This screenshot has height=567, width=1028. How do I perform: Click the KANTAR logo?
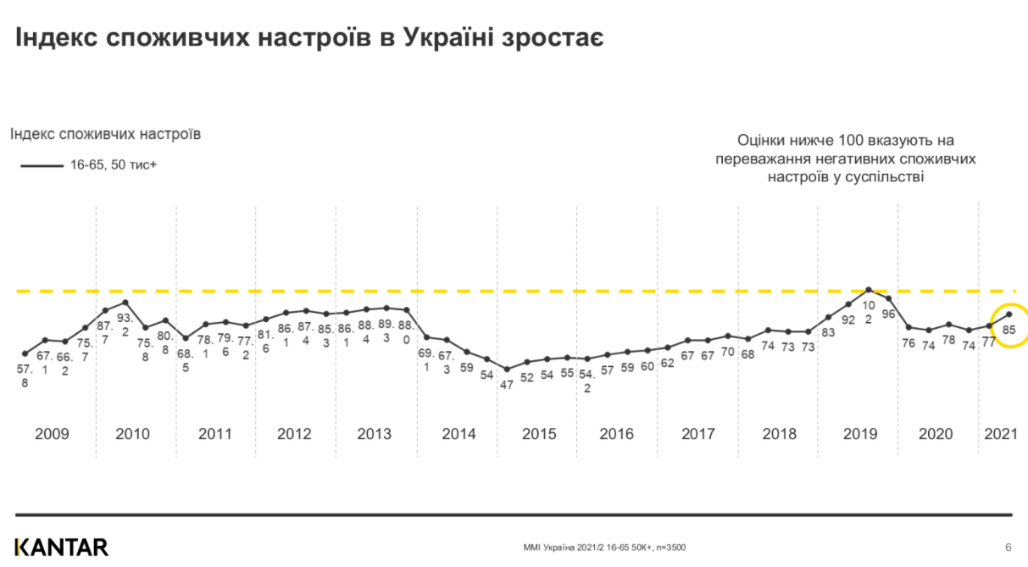61,547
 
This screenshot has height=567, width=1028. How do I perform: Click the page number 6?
1008,547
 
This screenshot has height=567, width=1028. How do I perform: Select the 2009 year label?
52,434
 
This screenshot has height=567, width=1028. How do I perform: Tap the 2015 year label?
539,434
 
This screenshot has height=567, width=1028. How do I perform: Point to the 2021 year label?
1001,434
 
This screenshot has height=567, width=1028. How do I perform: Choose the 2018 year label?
779,434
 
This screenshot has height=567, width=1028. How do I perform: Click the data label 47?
507,384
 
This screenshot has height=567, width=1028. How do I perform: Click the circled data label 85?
1009,331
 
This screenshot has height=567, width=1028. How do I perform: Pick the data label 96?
889,314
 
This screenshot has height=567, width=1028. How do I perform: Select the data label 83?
828,332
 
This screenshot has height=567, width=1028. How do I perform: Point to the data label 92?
848,320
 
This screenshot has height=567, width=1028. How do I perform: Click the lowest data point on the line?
507,369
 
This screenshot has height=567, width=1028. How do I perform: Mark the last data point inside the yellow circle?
1009,314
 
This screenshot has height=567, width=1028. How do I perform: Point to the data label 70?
727,352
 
